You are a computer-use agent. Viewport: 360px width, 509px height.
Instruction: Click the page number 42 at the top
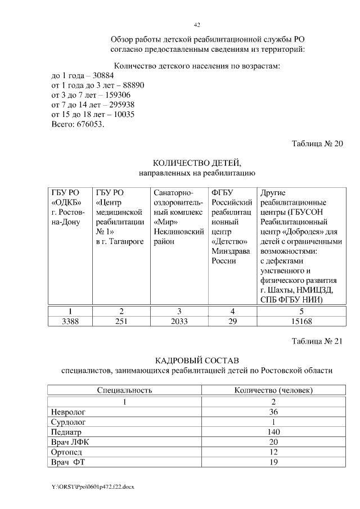[x=197, y=25]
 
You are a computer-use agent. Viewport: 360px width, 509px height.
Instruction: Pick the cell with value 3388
[x=70, y=322]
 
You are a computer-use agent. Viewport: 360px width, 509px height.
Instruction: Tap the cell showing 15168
[x=301, y=322]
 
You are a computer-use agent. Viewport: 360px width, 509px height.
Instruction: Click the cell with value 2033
[x=179, y=322]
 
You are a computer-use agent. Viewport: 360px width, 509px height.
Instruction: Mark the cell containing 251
[x=121, y=322]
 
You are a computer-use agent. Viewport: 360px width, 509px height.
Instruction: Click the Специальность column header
[x=124, y=390]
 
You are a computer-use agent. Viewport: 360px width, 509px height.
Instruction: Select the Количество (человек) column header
[x=273, y=390]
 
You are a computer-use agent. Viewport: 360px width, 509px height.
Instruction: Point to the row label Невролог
[x=68, y=412]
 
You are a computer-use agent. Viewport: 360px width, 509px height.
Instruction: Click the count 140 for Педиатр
[x=273, y=432]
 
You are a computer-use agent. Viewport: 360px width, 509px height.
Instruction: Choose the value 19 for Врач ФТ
[x=273, y=462]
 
